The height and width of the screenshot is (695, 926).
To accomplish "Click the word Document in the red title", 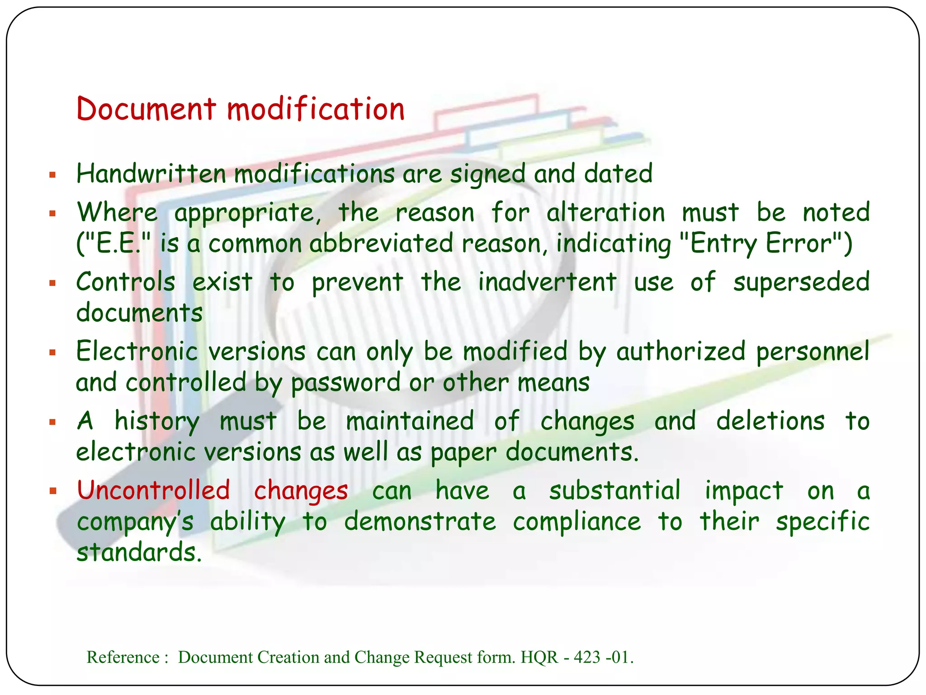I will pyautogui.click(x=146, y=109).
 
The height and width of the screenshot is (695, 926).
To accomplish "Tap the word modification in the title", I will pyautogui.click(x=316, y=109).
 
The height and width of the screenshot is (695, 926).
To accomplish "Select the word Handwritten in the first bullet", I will pyautogui.click(x=151, y=173).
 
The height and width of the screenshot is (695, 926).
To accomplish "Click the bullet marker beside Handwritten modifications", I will pyautogui.click(x=52, y=174).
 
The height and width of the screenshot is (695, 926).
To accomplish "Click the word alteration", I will pyautogui.click(x=605, y=213).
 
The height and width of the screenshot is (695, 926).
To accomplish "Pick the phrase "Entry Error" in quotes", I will pyautogui.click(x=761, y=243).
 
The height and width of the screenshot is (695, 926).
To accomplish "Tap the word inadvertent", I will pyautogui.click(x=547, y=282).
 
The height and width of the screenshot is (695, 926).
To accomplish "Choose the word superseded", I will pyautogui.click(x=801, y=282).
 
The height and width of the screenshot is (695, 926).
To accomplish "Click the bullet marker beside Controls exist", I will pyautogui.click(x=52, y=283).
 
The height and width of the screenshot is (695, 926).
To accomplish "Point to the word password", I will pyautogui.click(x=346, y=383).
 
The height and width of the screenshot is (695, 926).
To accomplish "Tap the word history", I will pyautogui.click(x=156, y=421).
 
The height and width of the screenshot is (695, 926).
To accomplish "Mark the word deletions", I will pyautogui.click(x=770, y=421).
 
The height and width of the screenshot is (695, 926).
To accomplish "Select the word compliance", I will pyautogui.click(x=577, y=522).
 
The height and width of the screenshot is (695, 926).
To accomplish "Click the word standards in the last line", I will pyautogui.click(x=138, y=552).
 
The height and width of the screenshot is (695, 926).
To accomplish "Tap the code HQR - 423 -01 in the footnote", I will pyautogui.click(x=576, y=657).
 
